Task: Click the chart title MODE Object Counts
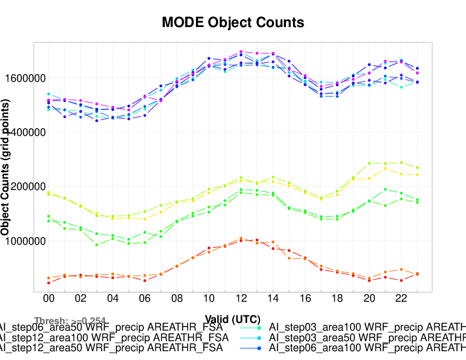[x=233, y=23]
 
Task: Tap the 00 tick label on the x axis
[x=49, y=299]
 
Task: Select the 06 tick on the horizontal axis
[x=145, y=299]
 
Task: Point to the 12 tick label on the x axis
[x=241, y=299]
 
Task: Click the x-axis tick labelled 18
[x=337, y=299]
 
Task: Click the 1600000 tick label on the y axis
[x=25, y=78]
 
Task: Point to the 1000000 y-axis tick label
[x=25, y=241]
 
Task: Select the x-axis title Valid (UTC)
[x=233, y=319]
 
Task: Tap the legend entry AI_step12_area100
[x=112, y=337]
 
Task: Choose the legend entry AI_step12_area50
[x=112, y=348]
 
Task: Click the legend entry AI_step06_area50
[x=112, y=326]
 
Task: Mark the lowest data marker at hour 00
[x=49, y=283]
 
